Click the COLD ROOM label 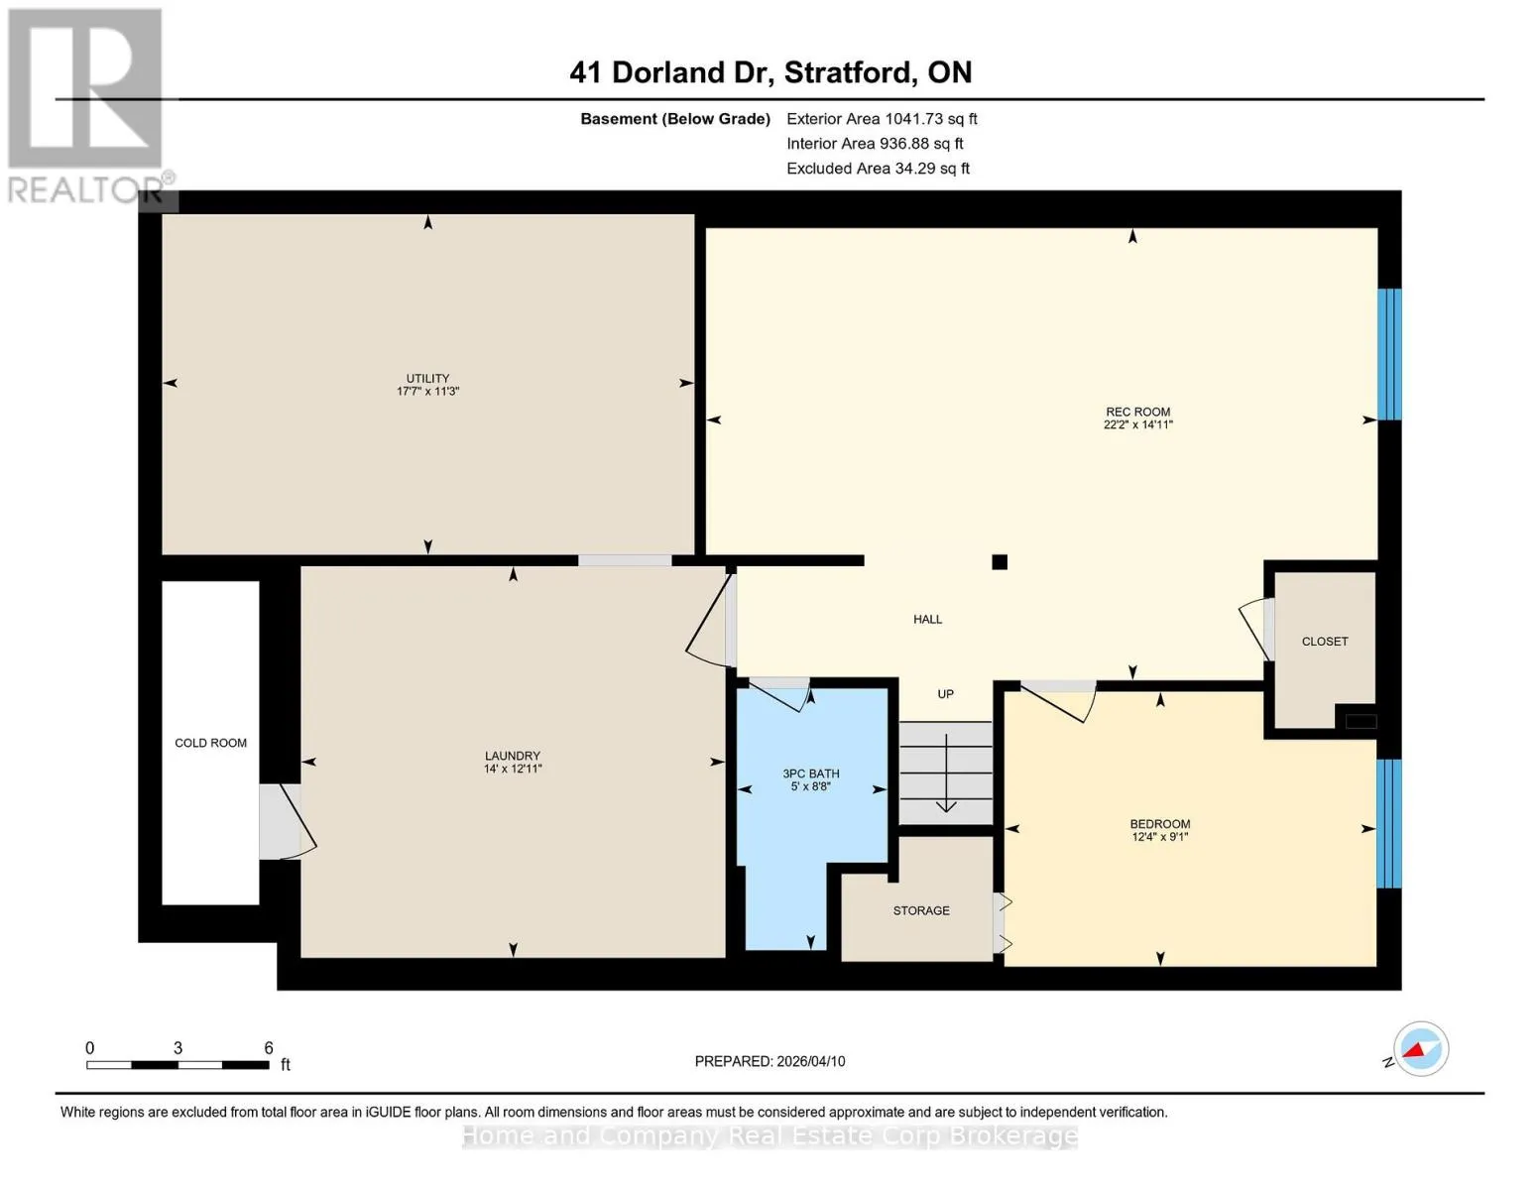pos(210,743)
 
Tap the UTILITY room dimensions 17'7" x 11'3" pos(427,392)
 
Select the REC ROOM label pos(1137,412)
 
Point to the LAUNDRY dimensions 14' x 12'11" pos(513,769)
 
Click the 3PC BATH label pos(811,773)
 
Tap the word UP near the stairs pos(945,694)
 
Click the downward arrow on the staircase pos(946,773)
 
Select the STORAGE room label pos(920,910)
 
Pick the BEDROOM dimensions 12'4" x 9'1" pos(1159,837)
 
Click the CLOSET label pos(1325,642)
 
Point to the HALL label pos(927,620)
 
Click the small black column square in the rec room pos(1000,562)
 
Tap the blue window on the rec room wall pos(1389,354)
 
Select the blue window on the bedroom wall pos(1389,823)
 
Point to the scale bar pos(178,1064)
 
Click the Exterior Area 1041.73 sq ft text pos(882,119)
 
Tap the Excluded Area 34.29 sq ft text pos(878,169)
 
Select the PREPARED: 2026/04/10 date pos(770,1061)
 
